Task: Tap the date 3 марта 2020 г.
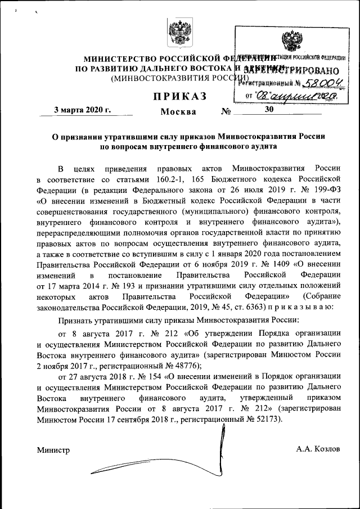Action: pyautogui.click(x=82, y=109)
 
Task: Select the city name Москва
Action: pyautogui.click(x=178, y=111)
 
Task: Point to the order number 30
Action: pyautogui.click(x=268, y=109)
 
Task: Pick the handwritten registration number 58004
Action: pyautogui.click(x=323, y=83)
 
